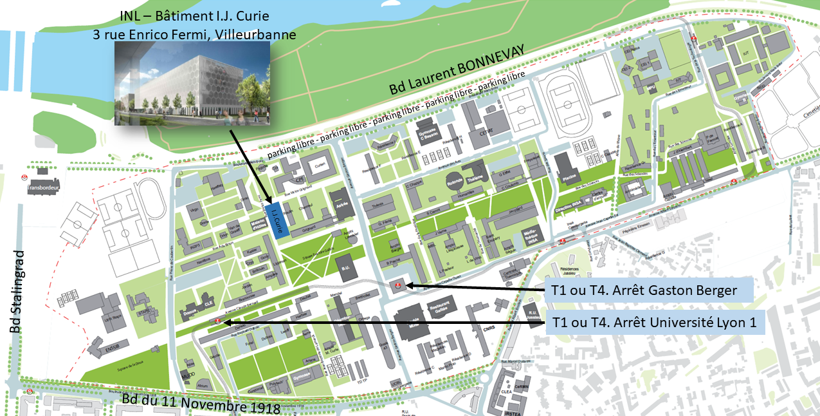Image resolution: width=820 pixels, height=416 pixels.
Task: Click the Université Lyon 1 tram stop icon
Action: click(x=218, y=321)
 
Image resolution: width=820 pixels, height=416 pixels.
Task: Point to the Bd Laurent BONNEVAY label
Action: click(x=457, y=71)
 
